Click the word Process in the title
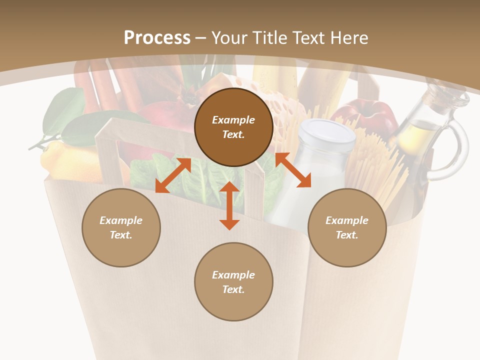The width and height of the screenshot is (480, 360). [157, 38]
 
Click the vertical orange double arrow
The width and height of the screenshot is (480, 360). [229, 205]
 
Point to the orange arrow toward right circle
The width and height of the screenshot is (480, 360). [293, 170]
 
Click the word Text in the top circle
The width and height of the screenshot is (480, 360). [233, 134]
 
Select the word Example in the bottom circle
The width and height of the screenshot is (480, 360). [233, 274]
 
